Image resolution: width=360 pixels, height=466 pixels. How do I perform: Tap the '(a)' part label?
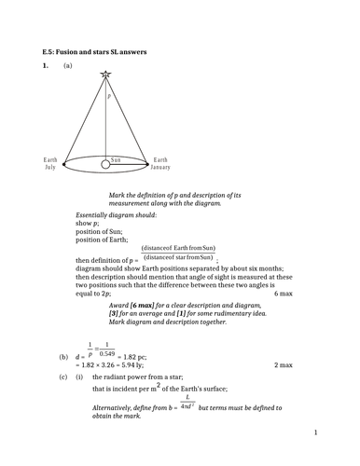(x=68, y=67)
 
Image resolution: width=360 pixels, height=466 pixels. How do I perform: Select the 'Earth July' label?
(x=50, y=164)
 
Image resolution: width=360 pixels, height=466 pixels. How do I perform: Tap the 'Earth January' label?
(x=161, y=164)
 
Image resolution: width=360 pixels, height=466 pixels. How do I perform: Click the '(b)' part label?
(x=63, y=357)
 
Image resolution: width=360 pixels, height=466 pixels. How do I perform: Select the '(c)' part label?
(x=62, y=377)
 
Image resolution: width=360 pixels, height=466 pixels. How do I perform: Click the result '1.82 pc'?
(x=136, y=357)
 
